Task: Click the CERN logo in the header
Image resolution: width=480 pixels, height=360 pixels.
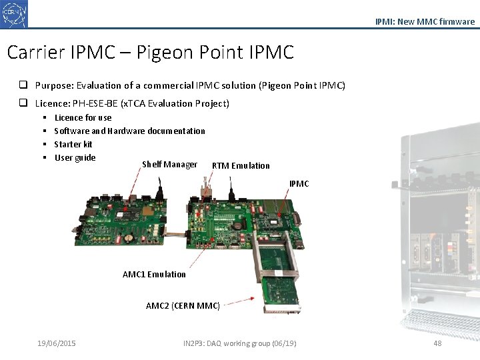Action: [x=15, y=14]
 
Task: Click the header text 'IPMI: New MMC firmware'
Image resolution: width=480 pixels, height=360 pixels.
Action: [x=425, y=21]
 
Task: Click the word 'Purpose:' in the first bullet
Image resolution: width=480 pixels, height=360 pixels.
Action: [x=54, y=85]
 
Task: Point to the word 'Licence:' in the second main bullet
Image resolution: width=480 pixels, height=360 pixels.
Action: [x=54, y=103]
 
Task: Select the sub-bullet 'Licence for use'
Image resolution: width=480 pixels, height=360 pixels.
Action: [x=83, y=117]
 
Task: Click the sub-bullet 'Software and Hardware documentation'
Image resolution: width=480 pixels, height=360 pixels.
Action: [x=129, y=131]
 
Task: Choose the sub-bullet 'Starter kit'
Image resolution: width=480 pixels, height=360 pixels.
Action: [x=73, y=144]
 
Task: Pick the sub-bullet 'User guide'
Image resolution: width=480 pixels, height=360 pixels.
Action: [x=75, y=157]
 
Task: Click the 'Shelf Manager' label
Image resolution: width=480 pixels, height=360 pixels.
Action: [x=169, y=164]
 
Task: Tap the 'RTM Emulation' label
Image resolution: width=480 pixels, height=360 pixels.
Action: [x=241, y=165]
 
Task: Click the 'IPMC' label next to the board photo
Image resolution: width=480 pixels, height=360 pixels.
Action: [x=299, y=183]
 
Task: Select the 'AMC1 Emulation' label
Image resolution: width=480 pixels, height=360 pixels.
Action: [x=154, y=274]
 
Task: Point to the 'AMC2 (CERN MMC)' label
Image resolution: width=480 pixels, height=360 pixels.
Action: [x=183, y=305]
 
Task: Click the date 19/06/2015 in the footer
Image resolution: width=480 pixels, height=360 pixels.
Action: [x=57, y=343]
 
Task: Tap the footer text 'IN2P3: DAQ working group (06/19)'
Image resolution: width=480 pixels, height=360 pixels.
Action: [x=239, y=343]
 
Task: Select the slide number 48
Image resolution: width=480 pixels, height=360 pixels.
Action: [x=437, y=343]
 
